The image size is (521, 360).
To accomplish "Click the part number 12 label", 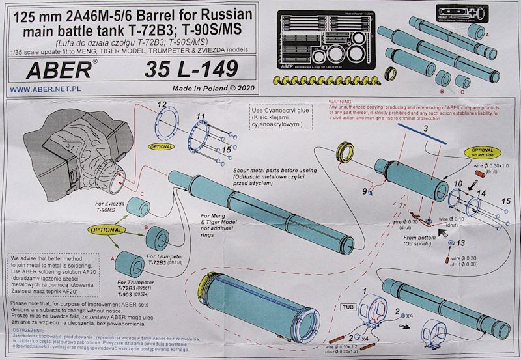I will [162, 105].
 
